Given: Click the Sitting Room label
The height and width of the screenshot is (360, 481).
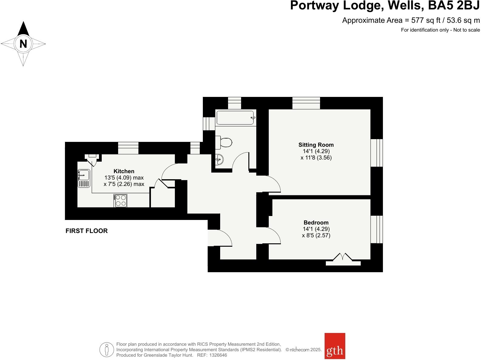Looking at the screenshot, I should pos(316,145).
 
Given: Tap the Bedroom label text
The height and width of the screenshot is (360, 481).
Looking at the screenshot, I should pos(316,223).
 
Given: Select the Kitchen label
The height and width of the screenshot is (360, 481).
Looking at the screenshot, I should pos(124,171).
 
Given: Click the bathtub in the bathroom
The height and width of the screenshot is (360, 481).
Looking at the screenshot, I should pos(235,118).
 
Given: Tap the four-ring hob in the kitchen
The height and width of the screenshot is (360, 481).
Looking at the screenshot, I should pos(121,201).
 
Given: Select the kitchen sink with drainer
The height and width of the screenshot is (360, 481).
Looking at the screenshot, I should pos(84,178).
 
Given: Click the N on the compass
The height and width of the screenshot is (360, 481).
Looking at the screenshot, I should pos(23,44).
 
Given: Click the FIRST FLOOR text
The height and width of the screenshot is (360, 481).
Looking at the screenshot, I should pos(87,231).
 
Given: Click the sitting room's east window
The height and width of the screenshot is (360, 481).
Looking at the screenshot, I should pos(377,153).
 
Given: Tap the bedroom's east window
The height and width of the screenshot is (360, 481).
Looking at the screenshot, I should pos(377,229).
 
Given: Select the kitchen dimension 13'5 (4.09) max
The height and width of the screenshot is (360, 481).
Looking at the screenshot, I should pos(124,178).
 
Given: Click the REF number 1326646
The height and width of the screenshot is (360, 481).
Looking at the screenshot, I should pos(217,355).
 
